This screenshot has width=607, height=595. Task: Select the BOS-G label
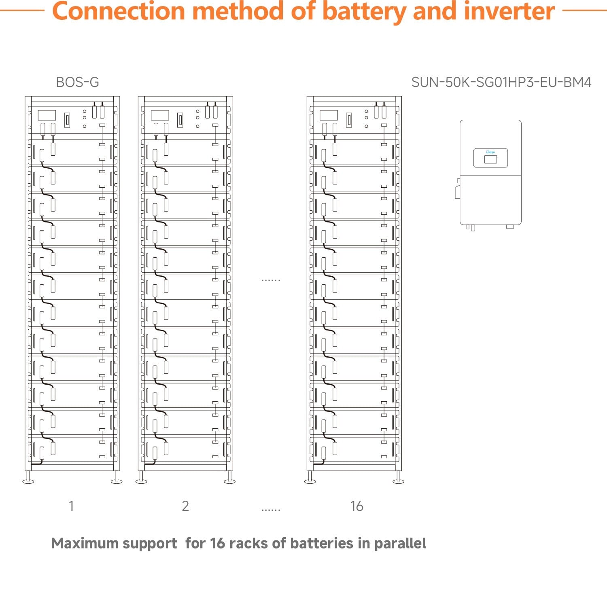pos(77,83)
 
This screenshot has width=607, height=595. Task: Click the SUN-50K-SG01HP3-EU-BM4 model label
pos(501,83)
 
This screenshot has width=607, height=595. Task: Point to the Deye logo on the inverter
pos(490,152)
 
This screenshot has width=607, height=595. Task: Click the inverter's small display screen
pos(490,159)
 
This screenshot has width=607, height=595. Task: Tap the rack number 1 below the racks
pos(71,506)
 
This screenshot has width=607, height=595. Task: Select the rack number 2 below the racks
pos(185,506)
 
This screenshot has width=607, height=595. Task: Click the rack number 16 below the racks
pos(357,506)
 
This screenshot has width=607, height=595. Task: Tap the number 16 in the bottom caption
pos(217,543)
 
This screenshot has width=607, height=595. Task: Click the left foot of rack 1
pos(28,481)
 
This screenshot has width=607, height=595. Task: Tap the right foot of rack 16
pos(399,481)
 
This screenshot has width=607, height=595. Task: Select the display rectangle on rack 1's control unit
pos(47,115)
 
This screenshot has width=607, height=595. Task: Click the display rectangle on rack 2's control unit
pos(160,115)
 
